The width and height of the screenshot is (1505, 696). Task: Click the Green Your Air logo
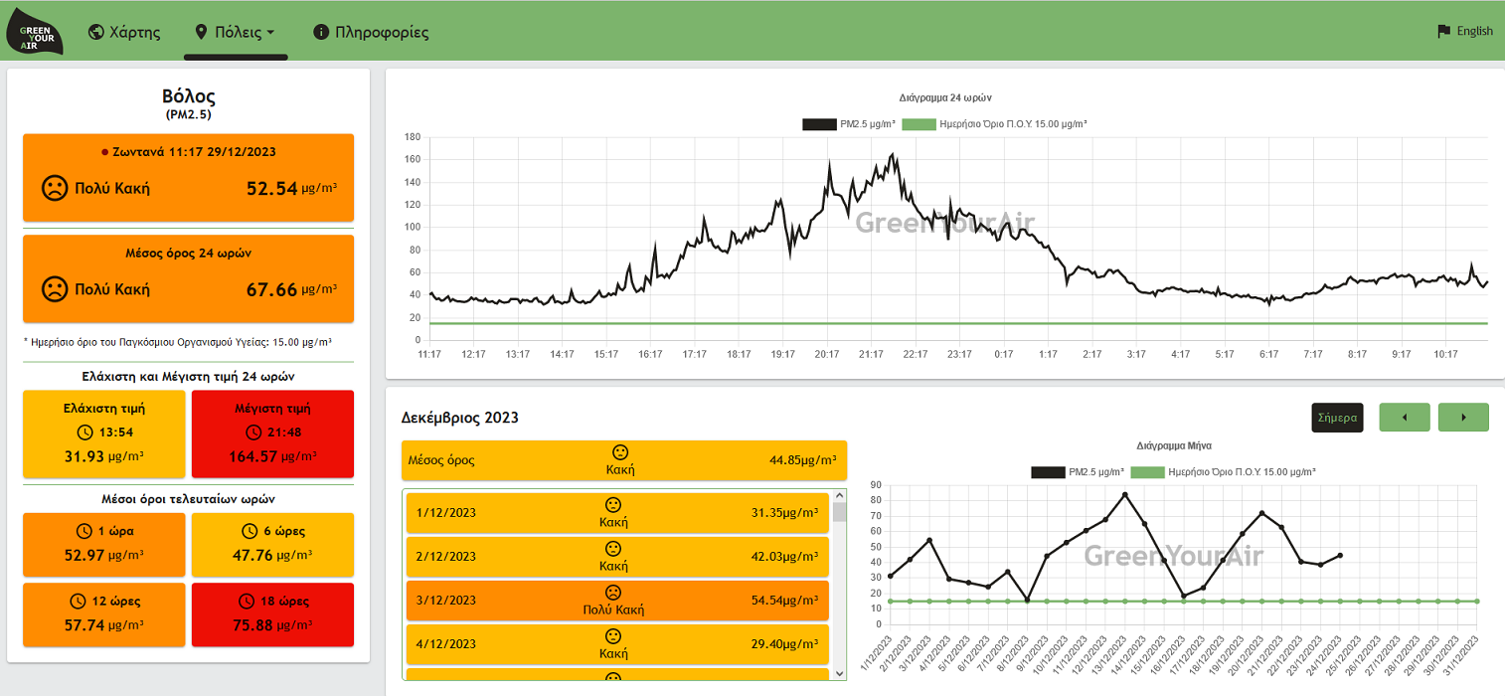(34, 32)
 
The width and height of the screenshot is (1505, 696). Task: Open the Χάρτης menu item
(125, 32)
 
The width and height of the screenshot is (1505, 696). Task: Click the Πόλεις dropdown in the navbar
(236, 32)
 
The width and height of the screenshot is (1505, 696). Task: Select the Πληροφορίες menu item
(371, 32)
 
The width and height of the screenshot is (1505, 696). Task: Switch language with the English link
(1465, 31)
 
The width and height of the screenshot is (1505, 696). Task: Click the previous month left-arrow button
(1405, 418)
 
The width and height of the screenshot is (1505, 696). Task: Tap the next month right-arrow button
(1463, 418)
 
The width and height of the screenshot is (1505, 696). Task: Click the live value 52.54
(271, 188)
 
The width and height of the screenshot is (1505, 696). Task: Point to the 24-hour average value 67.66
(271, 289)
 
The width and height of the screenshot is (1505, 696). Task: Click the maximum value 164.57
(252, 456)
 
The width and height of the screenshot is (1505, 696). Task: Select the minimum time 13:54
(116, 432)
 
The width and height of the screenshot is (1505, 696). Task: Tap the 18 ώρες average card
(272, 614)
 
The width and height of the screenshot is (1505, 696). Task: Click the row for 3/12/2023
(616, 600)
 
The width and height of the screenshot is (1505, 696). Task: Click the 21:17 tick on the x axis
(871, 354)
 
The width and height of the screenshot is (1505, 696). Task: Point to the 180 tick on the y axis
(413, 137)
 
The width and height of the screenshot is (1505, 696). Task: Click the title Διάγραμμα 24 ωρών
(945, 97)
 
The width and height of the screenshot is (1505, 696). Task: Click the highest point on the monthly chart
(1124, 495)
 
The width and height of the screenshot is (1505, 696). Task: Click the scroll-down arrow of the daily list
(839, 673)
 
